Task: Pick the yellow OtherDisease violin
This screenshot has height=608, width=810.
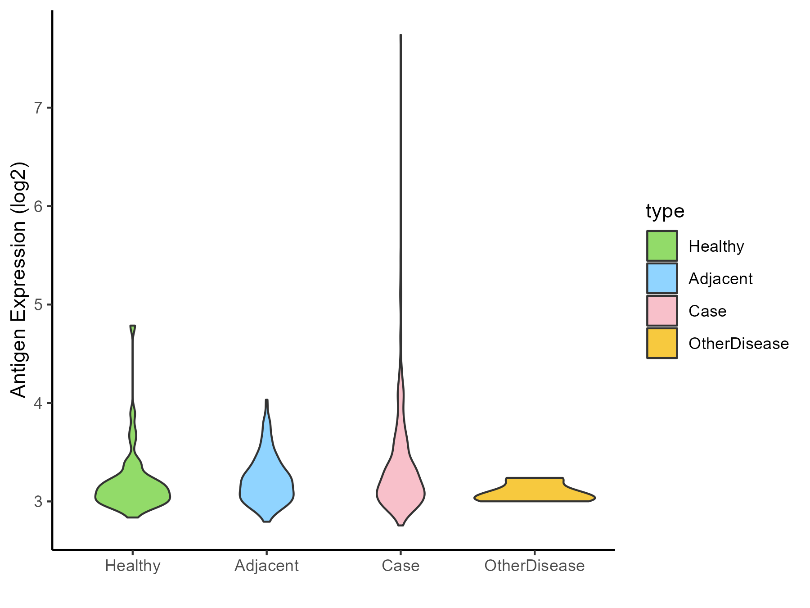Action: point(535,491)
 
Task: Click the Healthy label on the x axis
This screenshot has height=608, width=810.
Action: point(133,566)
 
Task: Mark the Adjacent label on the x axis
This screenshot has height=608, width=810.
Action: point(266,566)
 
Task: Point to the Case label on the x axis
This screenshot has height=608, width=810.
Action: point(400,566)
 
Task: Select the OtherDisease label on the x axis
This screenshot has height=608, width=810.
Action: point(535,566)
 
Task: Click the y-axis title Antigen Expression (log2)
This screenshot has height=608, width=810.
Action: point(19,279)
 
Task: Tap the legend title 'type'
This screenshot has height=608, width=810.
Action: point(665,211)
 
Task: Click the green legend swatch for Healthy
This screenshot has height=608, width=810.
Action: point(662,246)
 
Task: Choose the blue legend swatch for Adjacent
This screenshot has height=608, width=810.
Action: point(662,278)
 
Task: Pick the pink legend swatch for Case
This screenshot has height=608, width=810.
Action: point(662,311)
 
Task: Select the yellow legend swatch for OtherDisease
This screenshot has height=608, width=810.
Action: point(662,343)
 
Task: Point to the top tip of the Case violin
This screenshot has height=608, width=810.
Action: point(400,35)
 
